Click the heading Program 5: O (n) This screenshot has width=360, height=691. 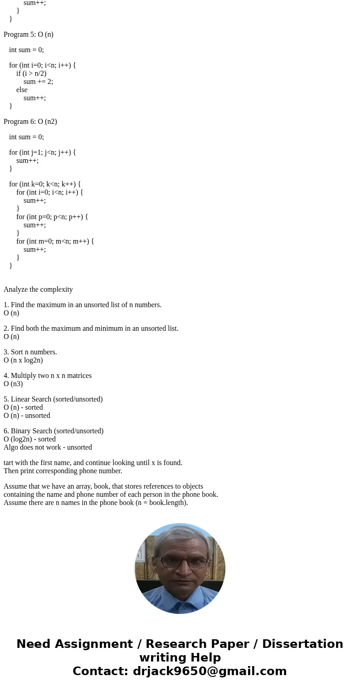tap(29, 34)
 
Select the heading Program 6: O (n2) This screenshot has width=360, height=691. tap(30, 122)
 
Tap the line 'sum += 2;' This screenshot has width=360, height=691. tap(38, 82)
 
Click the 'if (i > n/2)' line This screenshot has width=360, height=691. tap(31, 74)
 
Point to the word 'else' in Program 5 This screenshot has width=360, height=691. tap(22, 90)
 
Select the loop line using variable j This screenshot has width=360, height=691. tap(43, 152)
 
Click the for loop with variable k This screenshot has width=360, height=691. tap(45, 184)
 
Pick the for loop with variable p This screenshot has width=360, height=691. tap(52, 217)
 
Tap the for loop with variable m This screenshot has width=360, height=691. tap(55, 241)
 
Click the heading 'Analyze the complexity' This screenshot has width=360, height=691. tap(38, 289)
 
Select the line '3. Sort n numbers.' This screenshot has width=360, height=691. tap(30, 352)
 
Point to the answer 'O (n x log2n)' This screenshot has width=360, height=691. tap(23, 360)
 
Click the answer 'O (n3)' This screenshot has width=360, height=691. tap(13, 384)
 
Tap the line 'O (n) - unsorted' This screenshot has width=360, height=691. tap(27, 416)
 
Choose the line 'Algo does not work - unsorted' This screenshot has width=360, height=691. tap(48, 447)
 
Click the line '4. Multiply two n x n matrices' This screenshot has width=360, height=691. tap(48, 376)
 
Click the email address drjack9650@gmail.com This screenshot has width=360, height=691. tap(210, 671)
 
